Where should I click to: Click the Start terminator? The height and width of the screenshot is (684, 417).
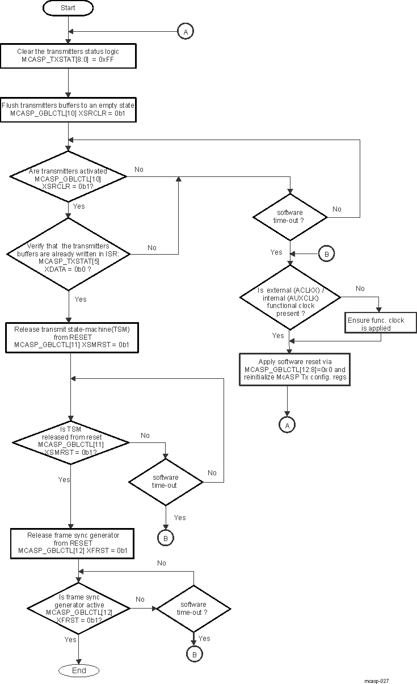point(68,9)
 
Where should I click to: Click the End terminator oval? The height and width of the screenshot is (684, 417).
point(79,670)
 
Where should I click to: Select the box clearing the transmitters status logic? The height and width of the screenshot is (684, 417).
point(68,55)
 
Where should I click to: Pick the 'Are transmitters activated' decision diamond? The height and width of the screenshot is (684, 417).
point(68,176)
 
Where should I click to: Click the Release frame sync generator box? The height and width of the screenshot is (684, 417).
point(72,543)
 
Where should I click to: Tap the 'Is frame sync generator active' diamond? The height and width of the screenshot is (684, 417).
point(79,609)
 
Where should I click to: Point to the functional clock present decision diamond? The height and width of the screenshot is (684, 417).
point(290,301)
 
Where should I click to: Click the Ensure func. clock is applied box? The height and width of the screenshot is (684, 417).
point(376,324)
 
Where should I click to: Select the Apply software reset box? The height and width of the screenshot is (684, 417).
point(294,370)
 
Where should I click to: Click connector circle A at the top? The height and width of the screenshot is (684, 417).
point(185,32)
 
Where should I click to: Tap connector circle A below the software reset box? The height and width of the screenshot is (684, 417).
point(287,424)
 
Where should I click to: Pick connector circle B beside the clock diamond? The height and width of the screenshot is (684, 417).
point(326,254)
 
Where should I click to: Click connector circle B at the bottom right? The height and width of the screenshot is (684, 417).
point(193,654)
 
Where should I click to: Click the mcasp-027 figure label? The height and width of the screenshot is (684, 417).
point(377,681)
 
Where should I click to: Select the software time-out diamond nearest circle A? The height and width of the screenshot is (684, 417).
point(290,216)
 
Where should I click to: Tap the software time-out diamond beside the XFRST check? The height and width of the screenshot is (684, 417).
point(193,609)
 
